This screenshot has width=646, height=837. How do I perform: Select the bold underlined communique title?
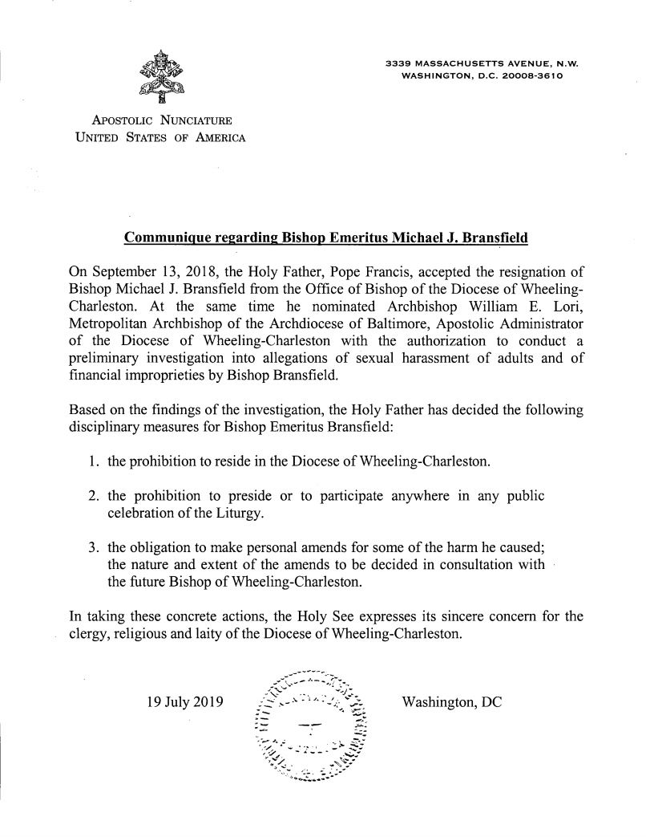(x=325, y=238)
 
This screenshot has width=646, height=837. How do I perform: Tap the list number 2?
(x=91, y=495)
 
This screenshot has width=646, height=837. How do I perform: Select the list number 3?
(x=91, y=547)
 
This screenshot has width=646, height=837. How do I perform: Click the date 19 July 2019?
(x=186, y=701)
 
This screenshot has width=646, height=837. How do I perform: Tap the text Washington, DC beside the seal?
(x=452, y=701)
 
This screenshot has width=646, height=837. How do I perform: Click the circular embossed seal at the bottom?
(x=309, y=728)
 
